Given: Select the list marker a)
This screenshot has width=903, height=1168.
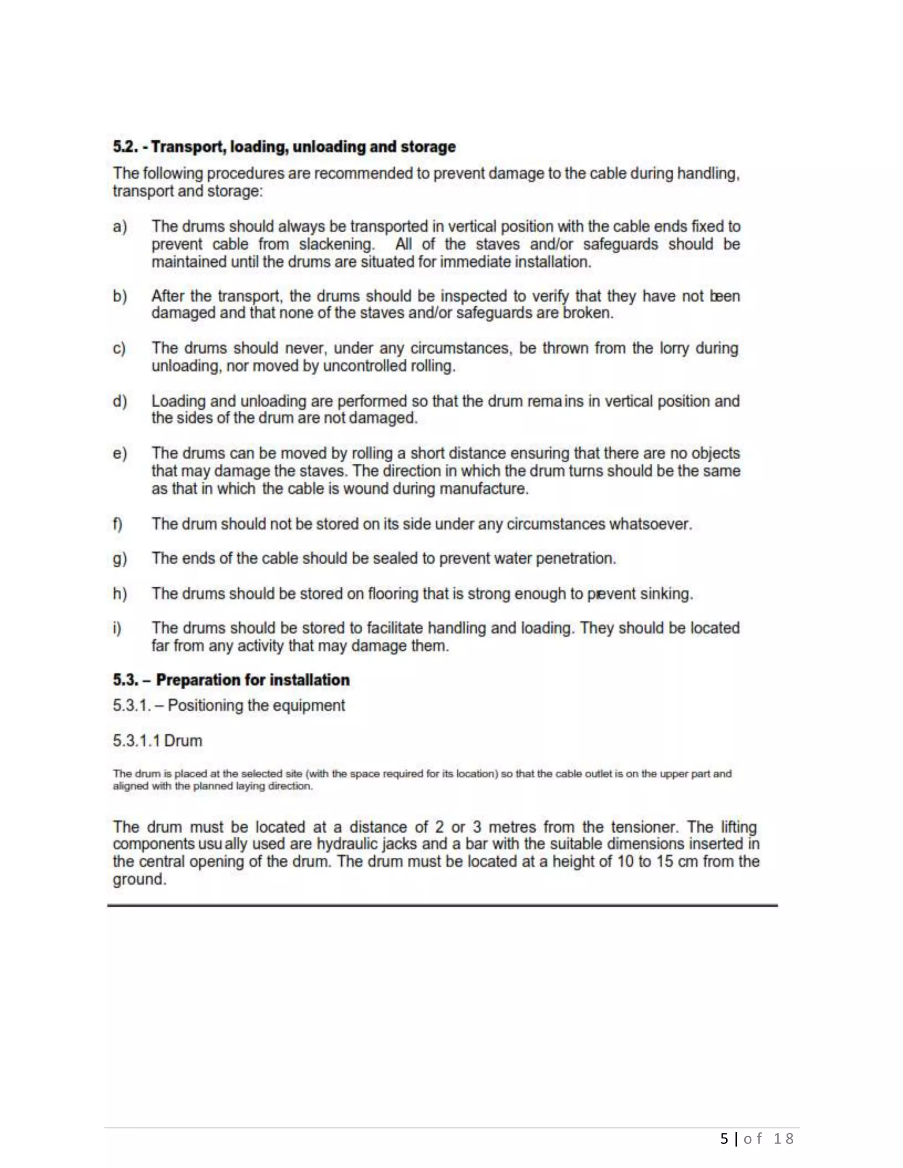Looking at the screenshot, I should (x=120, y=227).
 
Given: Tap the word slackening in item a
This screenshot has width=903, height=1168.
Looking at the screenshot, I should (x=336, y=245).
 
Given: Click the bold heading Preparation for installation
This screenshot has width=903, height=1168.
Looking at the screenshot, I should (x=253, y=680).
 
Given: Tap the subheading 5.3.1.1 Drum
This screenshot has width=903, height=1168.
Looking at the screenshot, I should (x=157, y=741).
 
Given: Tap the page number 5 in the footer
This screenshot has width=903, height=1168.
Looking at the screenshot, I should (x=724, y=1138).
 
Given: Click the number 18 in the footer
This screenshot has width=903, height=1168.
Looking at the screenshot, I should (x=783, y=1138).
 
